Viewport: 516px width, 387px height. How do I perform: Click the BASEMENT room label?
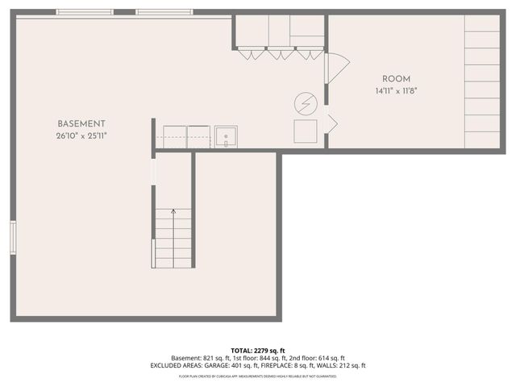(81, 123)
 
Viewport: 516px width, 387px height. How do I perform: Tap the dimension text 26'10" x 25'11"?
(81, 135)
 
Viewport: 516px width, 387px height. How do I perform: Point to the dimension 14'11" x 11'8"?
(397, 92)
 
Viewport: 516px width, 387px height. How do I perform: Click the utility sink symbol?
(225, 137)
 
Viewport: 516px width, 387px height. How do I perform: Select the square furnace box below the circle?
(305, 131)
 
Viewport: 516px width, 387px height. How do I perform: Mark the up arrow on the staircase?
(173, 214)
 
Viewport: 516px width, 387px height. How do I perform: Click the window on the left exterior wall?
(13, 236)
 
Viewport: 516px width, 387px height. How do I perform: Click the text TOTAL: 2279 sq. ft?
(258, 350)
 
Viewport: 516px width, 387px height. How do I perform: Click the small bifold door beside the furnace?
(331, 125)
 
